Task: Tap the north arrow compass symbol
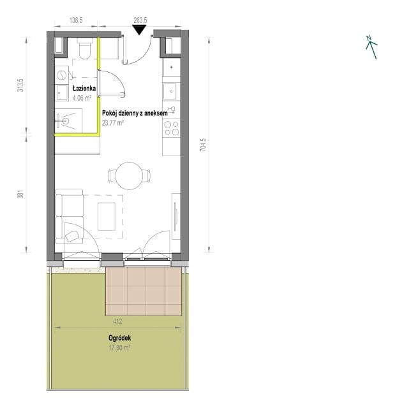371,47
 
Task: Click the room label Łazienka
84,89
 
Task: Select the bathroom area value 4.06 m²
82,98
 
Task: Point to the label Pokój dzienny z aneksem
135,113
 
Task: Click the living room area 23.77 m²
112,122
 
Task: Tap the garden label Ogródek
119,338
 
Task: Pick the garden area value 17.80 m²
119,347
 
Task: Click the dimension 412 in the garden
117,321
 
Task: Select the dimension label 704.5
203,145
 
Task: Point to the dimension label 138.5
76,20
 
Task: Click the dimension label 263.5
140,20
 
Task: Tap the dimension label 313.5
20,85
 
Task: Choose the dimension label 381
20,194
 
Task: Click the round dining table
129,176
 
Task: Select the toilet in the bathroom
84,48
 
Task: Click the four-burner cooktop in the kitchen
171,128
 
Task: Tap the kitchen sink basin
170,91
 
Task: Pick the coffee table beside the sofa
107,217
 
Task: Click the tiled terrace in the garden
144,291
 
